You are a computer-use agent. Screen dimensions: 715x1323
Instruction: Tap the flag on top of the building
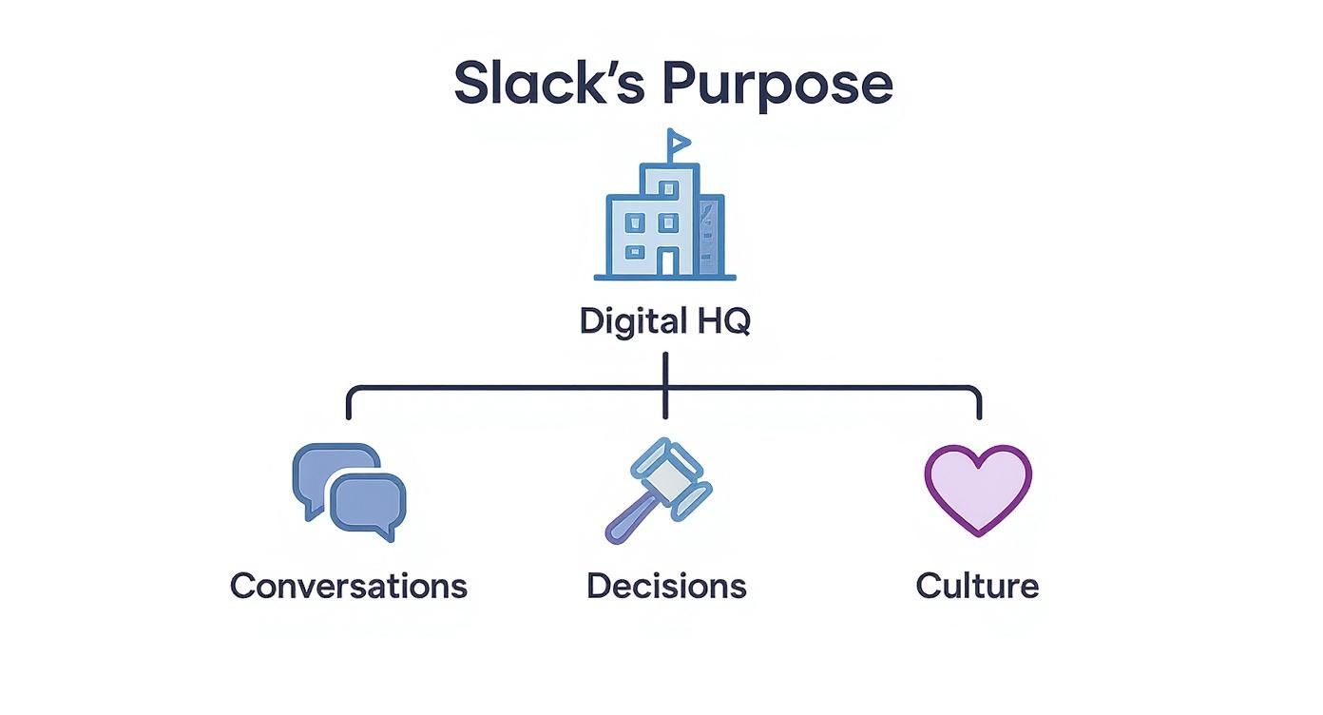coord(679,143)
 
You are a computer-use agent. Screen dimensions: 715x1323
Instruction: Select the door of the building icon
coord(669,261)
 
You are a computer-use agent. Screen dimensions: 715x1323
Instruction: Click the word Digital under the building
coord(621,321)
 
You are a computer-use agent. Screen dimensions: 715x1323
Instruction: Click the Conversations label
coord(349,585)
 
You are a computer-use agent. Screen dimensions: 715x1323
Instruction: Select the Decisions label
coord(666,585)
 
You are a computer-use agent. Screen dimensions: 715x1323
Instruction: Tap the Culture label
coord(977,585)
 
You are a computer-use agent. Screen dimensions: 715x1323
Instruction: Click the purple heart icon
coord(978,487)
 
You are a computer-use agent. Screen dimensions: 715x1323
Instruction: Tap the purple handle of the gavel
coord(626,521)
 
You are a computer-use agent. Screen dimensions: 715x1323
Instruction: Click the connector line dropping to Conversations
coord(350,403)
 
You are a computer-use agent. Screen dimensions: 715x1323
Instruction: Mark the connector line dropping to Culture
coord(979,403)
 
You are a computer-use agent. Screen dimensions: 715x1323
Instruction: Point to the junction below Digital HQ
coord(665,388)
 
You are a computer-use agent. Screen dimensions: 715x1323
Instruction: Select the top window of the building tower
coord(669,188)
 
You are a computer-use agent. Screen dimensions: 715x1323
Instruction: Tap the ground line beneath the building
coord(665,278)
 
